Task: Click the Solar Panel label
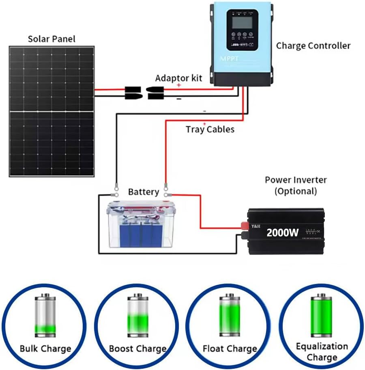pos(52,39)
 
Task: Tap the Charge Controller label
pos(313,45)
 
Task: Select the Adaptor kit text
pos(178,77)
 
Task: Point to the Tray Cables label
pos(210,129)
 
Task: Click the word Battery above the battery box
pos(143,191)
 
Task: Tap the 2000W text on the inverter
pos(282,232)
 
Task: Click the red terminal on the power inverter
pos(245,226)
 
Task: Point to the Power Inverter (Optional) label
pos(295,185)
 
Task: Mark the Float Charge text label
pos(230,349)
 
